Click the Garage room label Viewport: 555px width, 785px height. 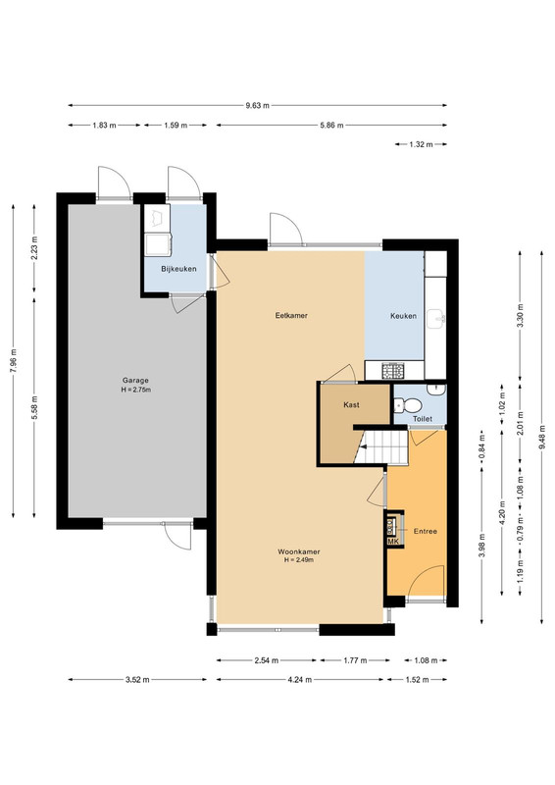[x=135, y=381]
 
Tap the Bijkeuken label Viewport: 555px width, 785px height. [x=178, y=269]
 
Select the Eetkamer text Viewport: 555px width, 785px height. [x=291, y=315]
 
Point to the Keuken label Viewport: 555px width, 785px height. [x=403, y=316]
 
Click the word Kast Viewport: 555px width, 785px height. [x=351, y=404]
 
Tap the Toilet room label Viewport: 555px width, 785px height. [x=423, y=419]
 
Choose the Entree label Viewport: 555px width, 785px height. [x=426, y=531]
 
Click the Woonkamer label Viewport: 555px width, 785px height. [x=299, y=551]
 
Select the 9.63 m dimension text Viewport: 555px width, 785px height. [x=257, y=106]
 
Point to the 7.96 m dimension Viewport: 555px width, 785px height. [x=14, y=361]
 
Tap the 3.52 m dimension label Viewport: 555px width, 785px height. [x=137, y=680]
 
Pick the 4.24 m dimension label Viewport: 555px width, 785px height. [x=300, y=680]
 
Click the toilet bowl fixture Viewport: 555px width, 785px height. [x=408, y=404]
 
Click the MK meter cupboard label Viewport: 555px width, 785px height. [x=393, y=542]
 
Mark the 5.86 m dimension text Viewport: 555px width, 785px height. [x=331, y=126]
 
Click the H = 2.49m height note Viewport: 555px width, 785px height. [x=299, y=560]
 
